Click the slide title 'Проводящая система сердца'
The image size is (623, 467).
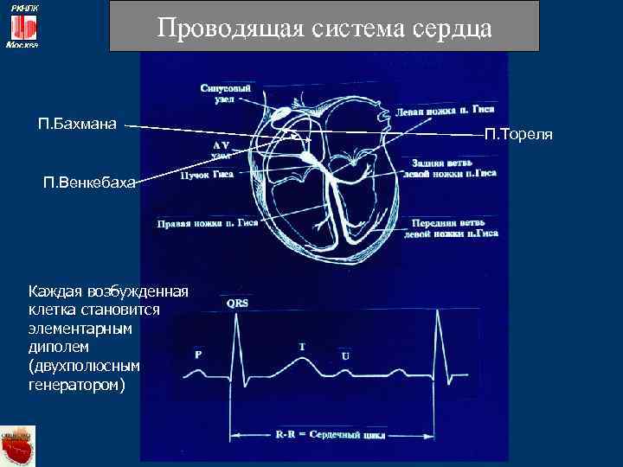pos(324,28)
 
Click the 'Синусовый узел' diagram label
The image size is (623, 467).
pos(226,94)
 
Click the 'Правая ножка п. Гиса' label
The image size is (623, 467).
pos(208,222)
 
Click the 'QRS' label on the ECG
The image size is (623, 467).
pos(238,303)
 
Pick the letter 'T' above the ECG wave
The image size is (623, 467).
pos(302,347)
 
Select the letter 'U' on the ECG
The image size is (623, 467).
pos(346,356)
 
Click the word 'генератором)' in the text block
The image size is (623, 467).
pos(77,383)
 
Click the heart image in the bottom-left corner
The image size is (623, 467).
pos(17,445)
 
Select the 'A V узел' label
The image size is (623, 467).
pos(220,149)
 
